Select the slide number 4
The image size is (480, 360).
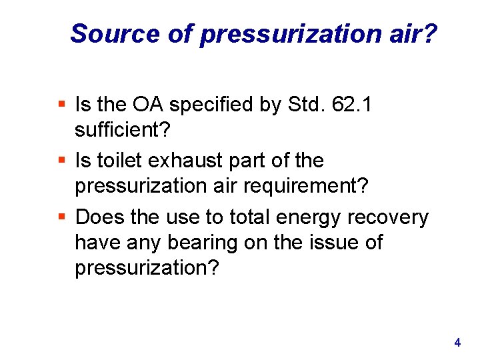point(457,343)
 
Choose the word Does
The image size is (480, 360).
point(99,217)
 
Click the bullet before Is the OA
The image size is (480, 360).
point(62,104)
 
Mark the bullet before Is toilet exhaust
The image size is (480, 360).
point(62,161)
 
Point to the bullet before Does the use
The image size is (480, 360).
point(62,217)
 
